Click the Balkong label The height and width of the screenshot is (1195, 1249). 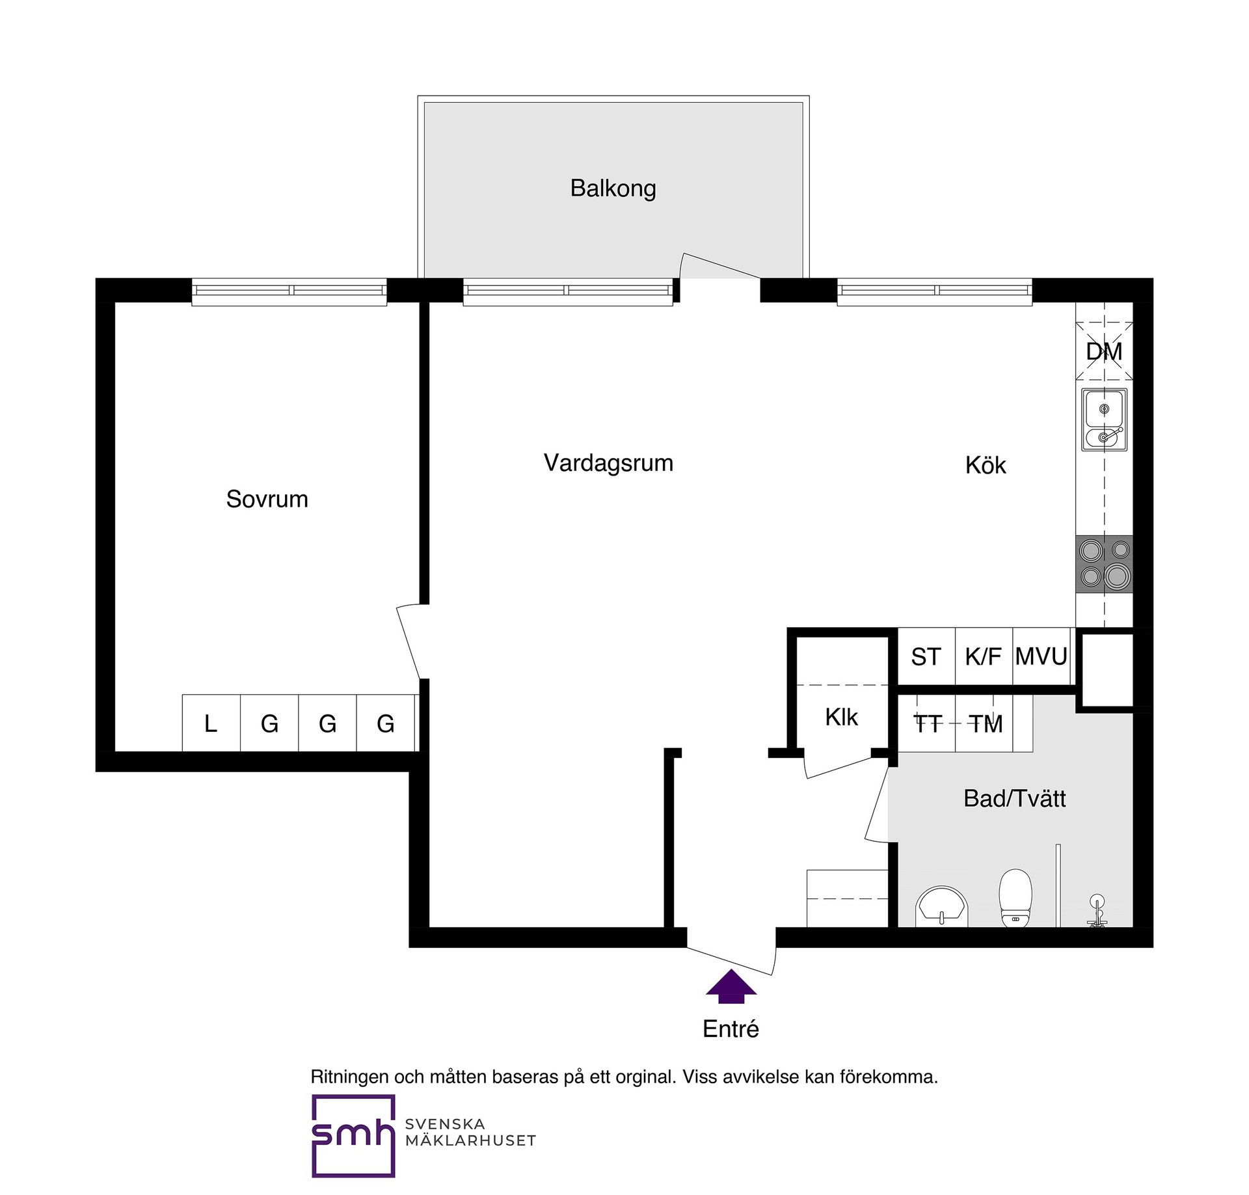click(613, 189)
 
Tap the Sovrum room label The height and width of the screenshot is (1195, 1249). click(267, 499)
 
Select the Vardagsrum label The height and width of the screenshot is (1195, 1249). click(608, 463)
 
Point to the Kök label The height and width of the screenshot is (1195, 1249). click(986, 465)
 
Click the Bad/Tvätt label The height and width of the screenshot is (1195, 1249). click(1014, 798)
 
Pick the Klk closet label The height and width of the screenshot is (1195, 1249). click(841, 717)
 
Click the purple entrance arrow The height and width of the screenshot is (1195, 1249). click(731, 986)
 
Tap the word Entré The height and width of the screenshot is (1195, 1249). click(731, 1028)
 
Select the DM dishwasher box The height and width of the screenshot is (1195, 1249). click(1104, 351)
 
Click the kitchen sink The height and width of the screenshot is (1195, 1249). click(1104, 420)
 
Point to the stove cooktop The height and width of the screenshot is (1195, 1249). click(1104, 564)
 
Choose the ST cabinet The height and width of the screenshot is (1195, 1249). click(926, 656)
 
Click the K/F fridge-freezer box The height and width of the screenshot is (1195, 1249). click(984, 656)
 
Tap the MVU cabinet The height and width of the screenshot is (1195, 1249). click(1041, 656)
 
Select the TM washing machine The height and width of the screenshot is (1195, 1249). click(984, 723)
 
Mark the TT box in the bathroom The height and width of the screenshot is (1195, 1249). click(927, 723)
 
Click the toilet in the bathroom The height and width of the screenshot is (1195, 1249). click(1015, 898)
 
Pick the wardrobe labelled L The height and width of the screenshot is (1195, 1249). click(211, 723)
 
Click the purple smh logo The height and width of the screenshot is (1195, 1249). click(353, 1136)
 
